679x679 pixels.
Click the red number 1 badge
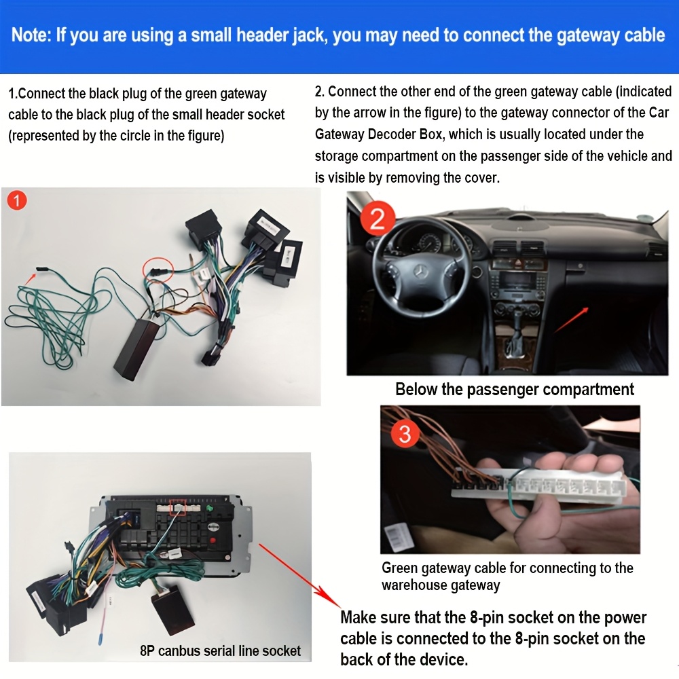pyautogui.click(x=17, y=200)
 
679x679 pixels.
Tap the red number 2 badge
pyautogui.click(x=377, y=218)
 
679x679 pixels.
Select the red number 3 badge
pyautogui.click(x=405, y=433)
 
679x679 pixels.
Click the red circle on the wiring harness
pyautogui.click(x=158, y=270)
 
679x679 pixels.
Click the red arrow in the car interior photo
pyautogui.click(x=572, y=320)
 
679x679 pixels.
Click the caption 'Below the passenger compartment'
pyautogui.click(x=515, y=389)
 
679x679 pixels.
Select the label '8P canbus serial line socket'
pyautogui.click(x=220, y=650)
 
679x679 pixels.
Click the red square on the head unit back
pyautogui.click(x=177, y=507)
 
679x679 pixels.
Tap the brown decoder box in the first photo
pyautogui.click(x=136, y=349)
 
